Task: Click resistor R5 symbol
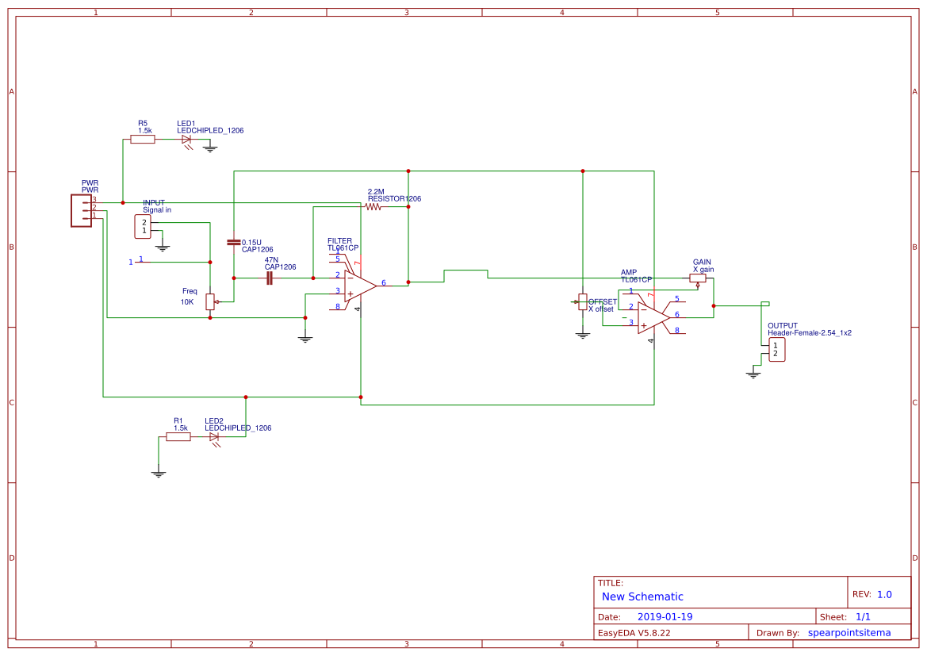pyautogui.click(x=143, y=139)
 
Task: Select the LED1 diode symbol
pyautogui.click(x=187, y=140)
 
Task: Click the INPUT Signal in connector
pyautogui.click(x=143, y=226)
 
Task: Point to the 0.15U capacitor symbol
pyautogui.click(x=234, y=242)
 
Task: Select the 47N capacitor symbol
pyautogui.click(x=270, y=278)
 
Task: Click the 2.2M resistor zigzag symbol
pyautogui.click(x=373, y=206)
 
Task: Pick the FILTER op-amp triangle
pyautogui.click(x=359, y=286)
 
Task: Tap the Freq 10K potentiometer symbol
pyautogui.click(x=210, y=301)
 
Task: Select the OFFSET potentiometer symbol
pyautogui.click(x=583, y=301)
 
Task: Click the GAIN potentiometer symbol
pyautogui.click(x=698, y=278)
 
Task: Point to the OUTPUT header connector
pyautogui.click(x=777, y=350)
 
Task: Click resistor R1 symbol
pyautogui.click(x=178, y=436)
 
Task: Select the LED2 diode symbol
pyautogui.click(x=214, y=436)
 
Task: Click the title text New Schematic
pyautogui.click(x=642, y=597)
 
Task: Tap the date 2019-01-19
pyautogui.click(x=665, y=616)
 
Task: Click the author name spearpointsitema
pyautogui.click(x=848, y=633)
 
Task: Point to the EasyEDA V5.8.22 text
pyautogui.click(x=634, y=633)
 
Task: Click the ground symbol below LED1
pyautogui.click(x=210, y=148)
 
